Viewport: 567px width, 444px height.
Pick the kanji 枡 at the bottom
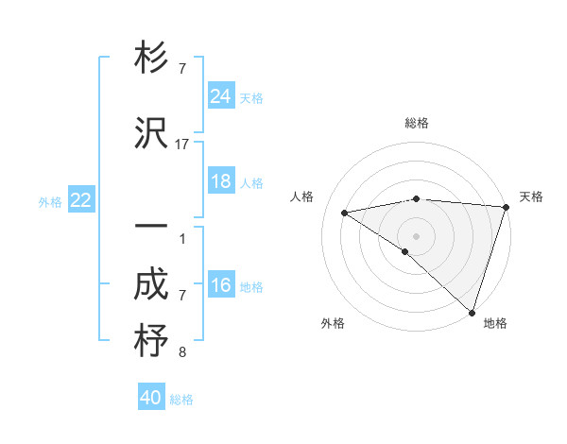[x=151, y=341]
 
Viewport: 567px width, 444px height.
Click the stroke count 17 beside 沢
[x=182, y=145]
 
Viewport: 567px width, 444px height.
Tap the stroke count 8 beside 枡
[x=182, y=353]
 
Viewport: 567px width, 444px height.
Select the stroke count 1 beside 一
[x=182, y=239]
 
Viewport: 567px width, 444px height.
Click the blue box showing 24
[x=221, y=96]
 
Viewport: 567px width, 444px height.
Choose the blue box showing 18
[x=221, y=181]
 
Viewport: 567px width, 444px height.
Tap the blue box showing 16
[x=221, y=285]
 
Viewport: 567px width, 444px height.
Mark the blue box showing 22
[x=81, y=200]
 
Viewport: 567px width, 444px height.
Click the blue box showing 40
[x=151, y=398]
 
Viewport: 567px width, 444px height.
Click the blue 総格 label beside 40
[x=181, y=400]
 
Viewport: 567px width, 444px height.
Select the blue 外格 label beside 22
[x=50, y=201]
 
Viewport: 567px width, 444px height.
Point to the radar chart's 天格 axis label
[x=531, y=196]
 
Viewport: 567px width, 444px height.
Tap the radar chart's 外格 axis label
[x=333, y=324]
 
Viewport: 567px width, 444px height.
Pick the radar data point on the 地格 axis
[x=472, y=313]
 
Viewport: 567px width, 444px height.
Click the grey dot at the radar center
[x=416, y=235]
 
